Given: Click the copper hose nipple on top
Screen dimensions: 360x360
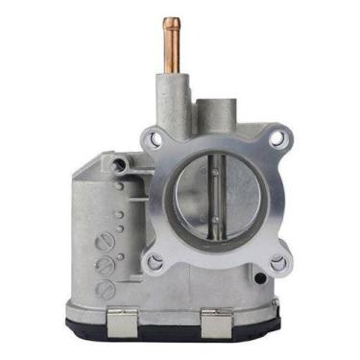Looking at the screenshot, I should pos(173,38).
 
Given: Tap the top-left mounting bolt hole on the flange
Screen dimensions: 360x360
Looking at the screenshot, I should pos(153,140).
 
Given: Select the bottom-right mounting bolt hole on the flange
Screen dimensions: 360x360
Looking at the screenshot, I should pos(278,262).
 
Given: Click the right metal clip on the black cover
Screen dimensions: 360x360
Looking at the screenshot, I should pos(219,322).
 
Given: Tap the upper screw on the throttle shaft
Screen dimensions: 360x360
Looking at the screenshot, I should pos(216,173).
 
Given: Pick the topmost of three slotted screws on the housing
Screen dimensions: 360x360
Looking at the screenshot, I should pos(105,243).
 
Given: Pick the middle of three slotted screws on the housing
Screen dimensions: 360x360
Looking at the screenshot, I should pos(106,266).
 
